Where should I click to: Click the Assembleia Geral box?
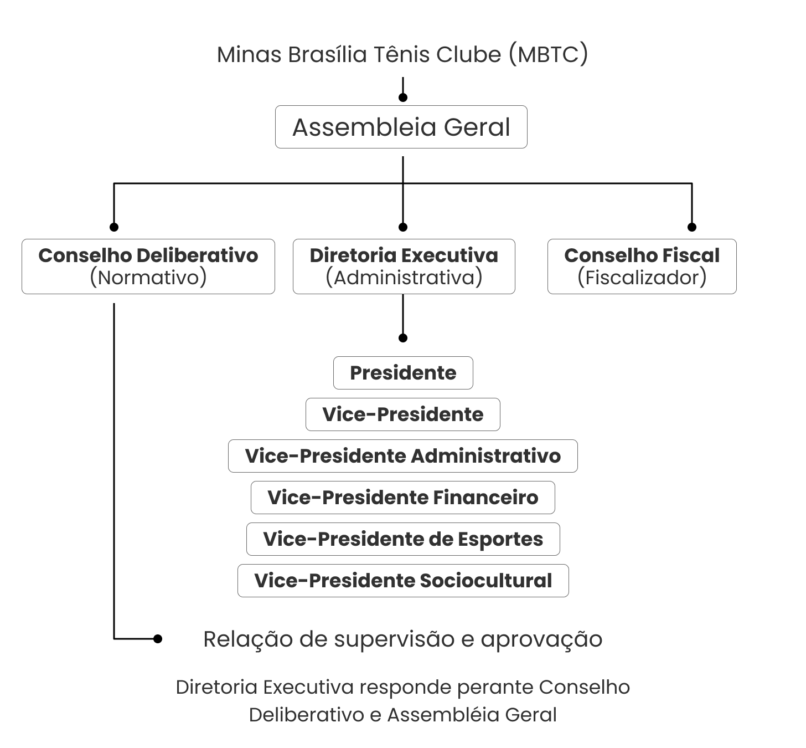(x=401, y=127)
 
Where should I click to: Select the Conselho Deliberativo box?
(x=148, y=266)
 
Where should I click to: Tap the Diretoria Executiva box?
(x=404, y=266)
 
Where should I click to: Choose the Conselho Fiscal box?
(x=642, y=266)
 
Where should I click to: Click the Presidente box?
(x=403, y=373)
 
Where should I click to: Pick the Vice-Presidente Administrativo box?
(x=402, y=456)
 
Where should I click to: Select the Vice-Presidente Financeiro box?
(x=402, y=498)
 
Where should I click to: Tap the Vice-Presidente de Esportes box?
(x=402, y=539)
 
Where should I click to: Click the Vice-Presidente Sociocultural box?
(x=402, y=581)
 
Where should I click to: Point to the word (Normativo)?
(x=148, y=277)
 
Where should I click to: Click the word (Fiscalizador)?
(x=642, y=277)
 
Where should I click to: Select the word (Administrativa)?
(x=404, y=277)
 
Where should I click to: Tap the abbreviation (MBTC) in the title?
(x=548, y=54)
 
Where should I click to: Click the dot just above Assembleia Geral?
(x=403, y=98)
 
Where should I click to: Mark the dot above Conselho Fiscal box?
(x=691, y=227)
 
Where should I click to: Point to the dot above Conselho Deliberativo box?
(x=114, y=227)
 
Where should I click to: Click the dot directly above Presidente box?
(x=403, y=338)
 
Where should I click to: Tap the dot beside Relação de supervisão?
(x=158, y=639)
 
